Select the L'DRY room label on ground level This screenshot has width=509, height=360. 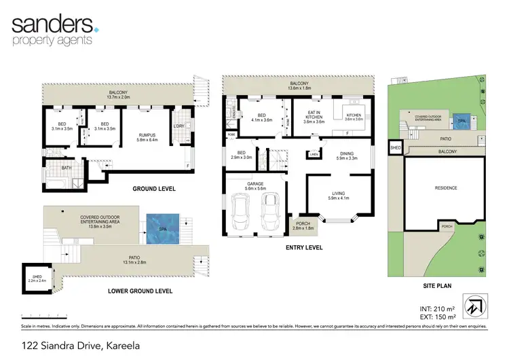180,126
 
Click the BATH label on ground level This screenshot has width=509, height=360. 67,167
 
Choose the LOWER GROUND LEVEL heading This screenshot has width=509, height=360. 140,291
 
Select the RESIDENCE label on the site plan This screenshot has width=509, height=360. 445,188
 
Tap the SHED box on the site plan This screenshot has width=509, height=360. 395,147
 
